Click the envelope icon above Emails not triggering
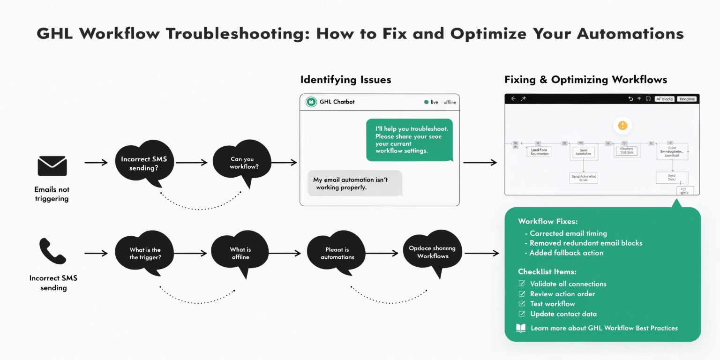pos(52,166)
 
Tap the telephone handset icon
pos(52,251)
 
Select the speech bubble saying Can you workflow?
pos(242,162)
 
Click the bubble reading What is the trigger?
pos(144,253)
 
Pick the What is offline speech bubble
pos(240,253)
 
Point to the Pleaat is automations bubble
pos(337,253)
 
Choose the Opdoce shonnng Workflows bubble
pos(432,252)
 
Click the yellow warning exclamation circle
pos(622,126)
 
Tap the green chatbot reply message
pos(409,140)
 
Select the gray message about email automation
pos(354,183)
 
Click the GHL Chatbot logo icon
pos(311,102)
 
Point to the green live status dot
pos(426,102)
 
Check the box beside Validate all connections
pos(522,284)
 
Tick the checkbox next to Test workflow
pos(522,304)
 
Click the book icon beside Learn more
pos(521,328)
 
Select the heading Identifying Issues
pos(345,80)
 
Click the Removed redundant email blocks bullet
pos(585,243)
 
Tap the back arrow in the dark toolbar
pos(513,99)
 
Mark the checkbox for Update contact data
pos(522,314)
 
